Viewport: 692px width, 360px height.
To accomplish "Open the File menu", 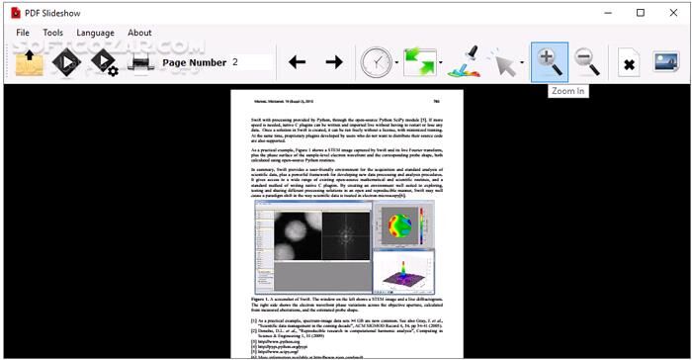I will [23, 33].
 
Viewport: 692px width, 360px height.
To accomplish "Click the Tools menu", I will [53, 33].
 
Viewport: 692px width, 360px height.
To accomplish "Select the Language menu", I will [95, 33].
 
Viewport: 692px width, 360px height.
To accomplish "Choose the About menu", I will [139, 33].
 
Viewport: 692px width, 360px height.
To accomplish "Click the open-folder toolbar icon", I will [30, 63].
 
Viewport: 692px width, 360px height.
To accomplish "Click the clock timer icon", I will [377, 63].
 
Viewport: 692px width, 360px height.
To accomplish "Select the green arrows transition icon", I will [419, 63].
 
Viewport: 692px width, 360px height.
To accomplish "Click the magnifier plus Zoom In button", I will [549, 62].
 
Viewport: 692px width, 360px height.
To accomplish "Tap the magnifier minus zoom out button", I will [587, 62].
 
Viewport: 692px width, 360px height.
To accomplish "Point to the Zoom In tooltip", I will [567, 91].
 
